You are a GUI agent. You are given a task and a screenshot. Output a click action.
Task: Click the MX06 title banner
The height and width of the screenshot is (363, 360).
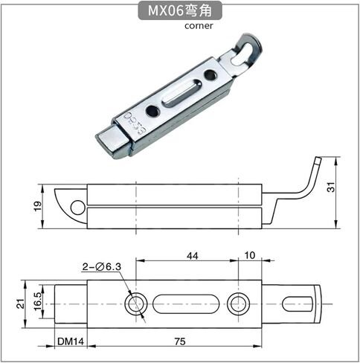coord(180,10)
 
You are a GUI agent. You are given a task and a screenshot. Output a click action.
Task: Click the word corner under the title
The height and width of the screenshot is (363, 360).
coord(199,26)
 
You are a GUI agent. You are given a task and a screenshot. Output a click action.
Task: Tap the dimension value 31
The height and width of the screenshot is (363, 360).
coord(331,187)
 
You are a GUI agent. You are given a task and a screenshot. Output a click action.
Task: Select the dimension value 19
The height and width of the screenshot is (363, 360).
coord(38,206)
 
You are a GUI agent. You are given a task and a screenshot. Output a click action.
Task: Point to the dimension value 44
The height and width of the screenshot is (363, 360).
coord(192,256)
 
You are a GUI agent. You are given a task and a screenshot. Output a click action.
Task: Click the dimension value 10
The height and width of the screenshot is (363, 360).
coord(250,255)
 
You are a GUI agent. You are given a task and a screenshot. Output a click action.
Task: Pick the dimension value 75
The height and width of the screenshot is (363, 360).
coord(180,341)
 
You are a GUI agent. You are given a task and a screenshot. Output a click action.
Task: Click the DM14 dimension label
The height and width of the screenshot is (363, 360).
coord(71,341)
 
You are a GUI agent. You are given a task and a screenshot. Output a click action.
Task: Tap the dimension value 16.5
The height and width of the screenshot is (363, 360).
coord(38,301)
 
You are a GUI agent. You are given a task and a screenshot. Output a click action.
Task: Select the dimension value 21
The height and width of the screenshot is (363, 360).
coord(21,303)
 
